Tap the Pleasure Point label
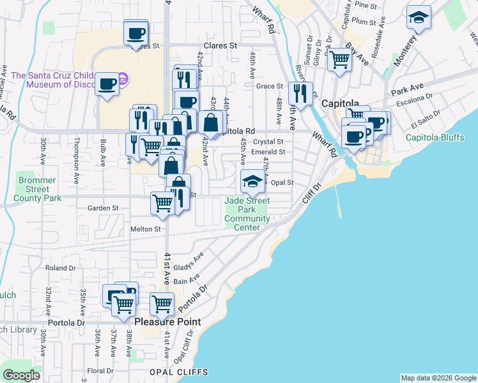(167, 322)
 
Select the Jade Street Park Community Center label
(247, 214)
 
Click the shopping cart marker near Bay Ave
(339, 60)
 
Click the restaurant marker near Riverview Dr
(300, 94)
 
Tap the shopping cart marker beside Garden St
(162, 204)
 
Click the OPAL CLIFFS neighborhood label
(179, 372)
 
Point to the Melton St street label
(146, 229)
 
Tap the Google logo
(21, 375)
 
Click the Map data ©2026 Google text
(438, 378)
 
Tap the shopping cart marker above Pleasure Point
(162, 304)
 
